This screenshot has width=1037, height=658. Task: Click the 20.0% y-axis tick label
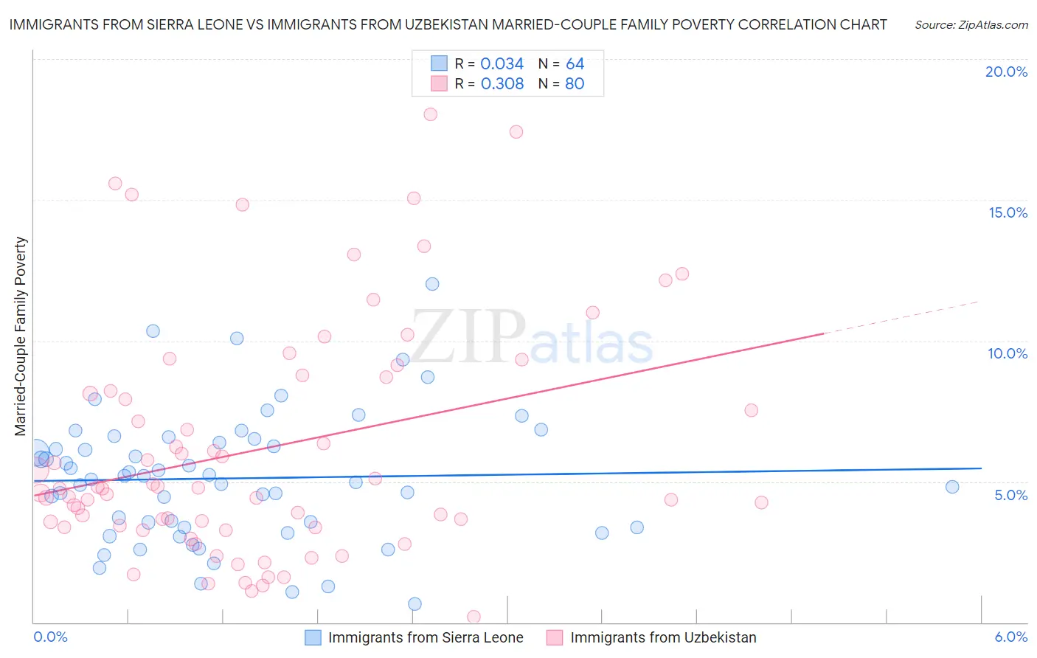pyautogui.click(x=1006, y=72)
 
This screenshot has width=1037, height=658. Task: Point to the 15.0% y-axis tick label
pyautogui.click(x=1007, y=212)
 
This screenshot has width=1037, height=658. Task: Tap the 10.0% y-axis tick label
pyautogui.click(x=1007, y=353)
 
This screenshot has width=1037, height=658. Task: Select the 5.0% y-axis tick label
pyautogui.click(x=1010, y=495)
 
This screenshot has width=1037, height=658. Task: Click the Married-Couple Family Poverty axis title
pyautogui.click(x=21, y=336)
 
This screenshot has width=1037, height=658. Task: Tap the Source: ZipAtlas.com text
pyautogui.click(x=971, y=25)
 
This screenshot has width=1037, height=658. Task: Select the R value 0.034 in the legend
pyautogui.click(x=502, y=64)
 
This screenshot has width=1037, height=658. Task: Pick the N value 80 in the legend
pyautogui.click(x=575, y=84)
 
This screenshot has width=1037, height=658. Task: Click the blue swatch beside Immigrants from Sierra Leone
pyautogui.click(x=313, y=638)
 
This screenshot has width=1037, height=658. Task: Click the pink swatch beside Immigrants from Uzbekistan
pyautogui.click(x=555, y=638)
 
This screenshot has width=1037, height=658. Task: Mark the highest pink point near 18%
pyautogui.click(x=431, y=114)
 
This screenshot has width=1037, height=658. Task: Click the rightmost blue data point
pyautogui.click(x=952, y=487)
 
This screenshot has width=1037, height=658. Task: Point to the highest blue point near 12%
pyautogui.click(x=432, y=284)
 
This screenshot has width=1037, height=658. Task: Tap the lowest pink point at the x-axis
pyautogui.click(x=474, y=617)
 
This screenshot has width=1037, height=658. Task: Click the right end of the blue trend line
pyautogui.click(x=981, y=468)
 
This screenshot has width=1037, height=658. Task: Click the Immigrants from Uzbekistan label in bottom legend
pyautogui.click(x=663, y=638)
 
